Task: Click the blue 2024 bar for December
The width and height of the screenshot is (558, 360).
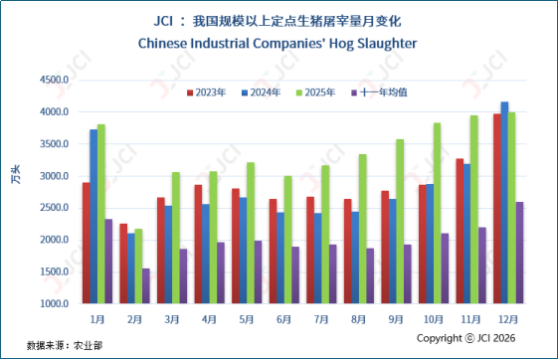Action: click(504, 203)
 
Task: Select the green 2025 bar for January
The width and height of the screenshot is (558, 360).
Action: click(101, 214)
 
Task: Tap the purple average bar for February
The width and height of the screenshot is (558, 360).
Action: click(146, 286)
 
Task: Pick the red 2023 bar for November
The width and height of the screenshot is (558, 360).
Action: click(460, 231)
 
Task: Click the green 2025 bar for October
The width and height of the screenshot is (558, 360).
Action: click(437, 213)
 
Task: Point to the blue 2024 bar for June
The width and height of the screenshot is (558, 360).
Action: click(280, 258)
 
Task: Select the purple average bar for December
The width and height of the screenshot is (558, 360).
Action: click(519, 253)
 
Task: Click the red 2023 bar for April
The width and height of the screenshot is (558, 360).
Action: click(198, 244)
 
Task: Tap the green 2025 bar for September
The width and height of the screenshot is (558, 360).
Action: click(400, 221)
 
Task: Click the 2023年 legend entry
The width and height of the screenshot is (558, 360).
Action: click(207, 92)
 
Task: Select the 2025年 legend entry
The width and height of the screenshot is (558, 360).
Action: click(316, 92)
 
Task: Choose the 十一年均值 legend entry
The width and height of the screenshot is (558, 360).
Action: click(379, 92)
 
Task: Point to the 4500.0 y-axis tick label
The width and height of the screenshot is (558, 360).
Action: click(54, 80)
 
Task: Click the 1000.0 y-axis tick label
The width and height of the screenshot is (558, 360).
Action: click(54, 303)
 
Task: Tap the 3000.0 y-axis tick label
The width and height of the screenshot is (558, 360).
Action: click(54, 176)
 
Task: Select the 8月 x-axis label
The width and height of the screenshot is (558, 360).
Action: click(358, 319)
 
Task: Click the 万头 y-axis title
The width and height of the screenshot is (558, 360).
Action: click(16, 174)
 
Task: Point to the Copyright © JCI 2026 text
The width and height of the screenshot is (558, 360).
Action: click(465, 338)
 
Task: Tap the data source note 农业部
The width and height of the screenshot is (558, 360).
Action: click(88, 345)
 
